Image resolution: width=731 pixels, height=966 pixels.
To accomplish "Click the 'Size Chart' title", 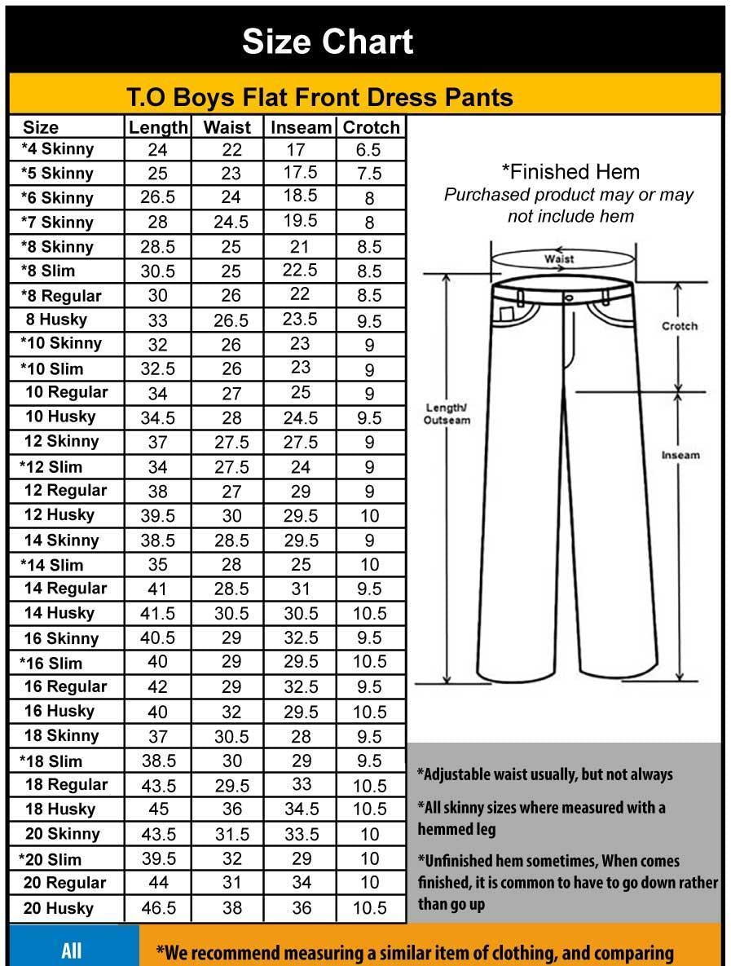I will point(328,42).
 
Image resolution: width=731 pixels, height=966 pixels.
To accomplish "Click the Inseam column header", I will point(301,127).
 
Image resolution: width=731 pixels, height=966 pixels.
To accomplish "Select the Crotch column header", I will point(371,127).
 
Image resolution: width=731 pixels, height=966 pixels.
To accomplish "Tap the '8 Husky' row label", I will point(56,320).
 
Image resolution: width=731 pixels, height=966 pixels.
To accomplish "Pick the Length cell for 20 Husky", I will point(158,907).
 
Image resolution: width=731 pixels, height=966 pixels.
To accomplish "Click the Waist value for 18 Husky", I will point(231,809).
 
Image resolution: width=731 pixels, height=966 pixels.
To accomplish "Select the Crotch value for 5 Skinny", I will point(369,174).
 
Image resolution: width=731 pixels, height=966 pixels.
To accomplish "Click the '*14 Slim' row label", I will point(52,565).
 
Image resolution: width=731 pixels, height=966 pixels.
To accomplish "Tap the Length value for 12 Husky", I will point(158,516).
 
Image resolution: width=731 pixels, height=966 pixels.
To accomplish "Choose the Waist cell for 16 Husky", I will point(231,712).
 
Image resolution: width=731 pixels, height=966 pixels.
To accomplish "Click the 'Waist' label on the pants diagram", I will point(559,258).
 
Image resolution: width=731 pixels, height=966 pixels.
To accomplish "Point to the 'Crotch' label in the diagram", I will point(680,326).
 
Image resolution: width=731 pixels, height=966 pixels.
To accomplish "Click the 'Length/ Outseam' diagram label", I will point(447,414).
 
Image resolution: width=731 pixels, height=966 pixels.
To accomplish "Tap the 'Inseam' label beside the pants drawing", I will point(680,455).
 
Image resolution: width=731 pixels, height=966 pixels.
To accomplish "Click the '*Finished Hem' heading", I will point(570,172).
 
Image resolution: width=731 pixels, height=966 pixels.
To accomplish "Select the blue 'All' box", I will point(72,951).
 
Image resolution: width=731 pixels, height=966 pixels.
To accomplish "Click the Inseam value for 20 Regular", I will point(301,883).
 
